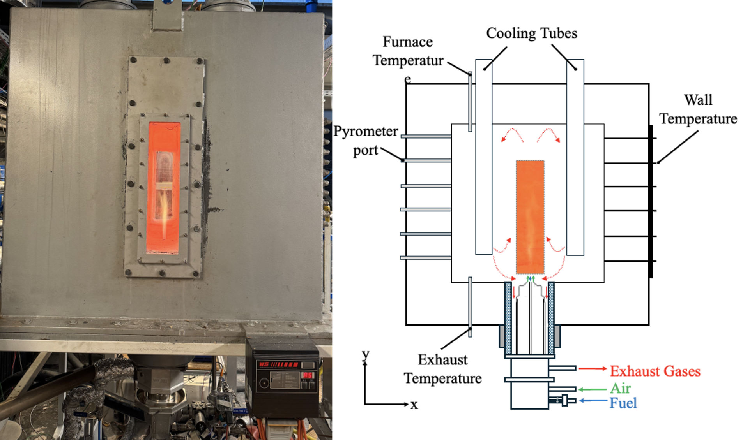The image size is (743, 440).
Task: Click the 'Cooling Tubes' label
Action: (x=531, y=33)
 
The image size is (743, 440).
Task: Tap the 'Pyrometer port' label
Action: (x=365, y=141)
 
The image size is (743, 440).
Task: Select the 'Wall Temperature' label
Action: (x=698, y=109)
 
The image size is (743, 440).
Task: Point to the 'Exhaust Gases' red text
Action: (x=655, y=371)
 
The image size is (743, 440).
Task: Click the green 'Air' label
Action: (x=620, y=389)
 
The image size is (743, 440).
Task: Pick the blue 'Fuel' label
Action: (x=623, y=403)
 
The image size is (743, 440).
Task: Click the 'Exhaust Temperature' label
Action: (x=442, y=369)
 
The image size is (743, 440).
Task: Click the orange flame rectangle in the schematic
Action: (x=530, y=217)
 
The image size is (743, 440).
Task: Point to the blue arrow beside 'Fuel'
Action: (x=593, y=400)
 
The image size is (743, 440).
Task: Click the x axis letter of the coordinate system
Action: (x=414, y=405)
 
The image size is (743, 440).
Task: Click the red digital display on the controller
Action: (x=308, y=375)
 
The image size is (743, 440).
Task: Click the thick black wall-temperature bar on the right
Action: (x=651, y=201)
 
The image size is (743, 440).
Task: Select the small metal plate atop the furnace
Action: (x=167, y=16)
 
